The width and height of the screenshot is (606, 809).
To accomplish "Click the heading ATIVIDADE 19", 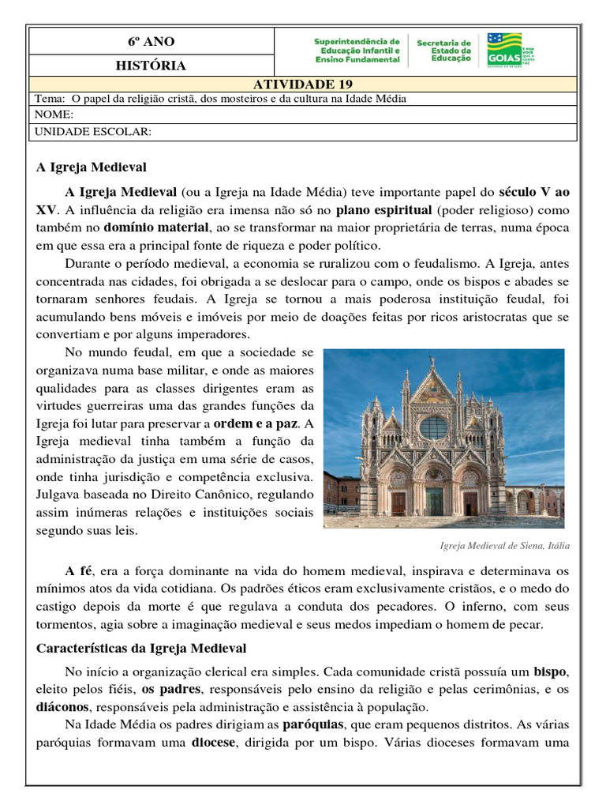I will pyautogui.click(x=303, y=85).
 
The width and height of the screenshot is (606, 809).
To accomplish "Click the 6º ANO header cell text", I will pyautogui.click(x=151, y=41).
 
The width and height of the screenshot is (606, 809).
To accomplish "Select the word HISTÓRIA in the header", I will pyautogui.click(x=151, y=66).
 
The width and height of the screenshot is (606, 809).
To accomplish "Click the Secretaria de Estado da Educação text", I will pyautogui.click(x=444, y=51).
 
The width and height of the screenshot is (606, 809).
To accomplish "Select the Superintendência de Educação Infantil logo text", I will pyautogui.click(x=357, y=50).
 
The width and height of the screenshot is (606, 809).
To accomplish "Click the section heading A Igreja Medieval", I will pyautogui.click(x=92, y=167).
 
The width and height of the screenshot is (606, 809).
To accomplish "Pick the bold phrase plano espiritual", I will pyautogui.click(x=383, y=210).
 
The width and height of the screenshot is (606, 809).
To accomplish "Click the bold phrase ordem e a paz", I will pyautogui.click(x=257, y=423).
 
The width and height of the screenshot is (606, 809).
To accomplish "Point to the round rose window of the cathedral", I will pyautogui.click(x=433, y=427).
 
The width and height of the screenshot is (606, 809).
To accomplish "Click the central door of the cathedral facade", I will pyautogui.click(x=435, y=501).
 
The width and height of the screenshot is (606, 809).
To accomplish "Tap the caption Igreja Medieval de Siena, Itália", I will pyautogui.click(x=503, y=546).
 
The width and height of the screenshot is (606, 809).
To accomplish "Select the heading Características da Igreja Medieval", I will pyautogui.click(x=142, y=649).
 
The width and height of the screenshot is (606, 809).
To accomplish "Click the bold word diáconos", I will pyautogui.click(x=64, y=706).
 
